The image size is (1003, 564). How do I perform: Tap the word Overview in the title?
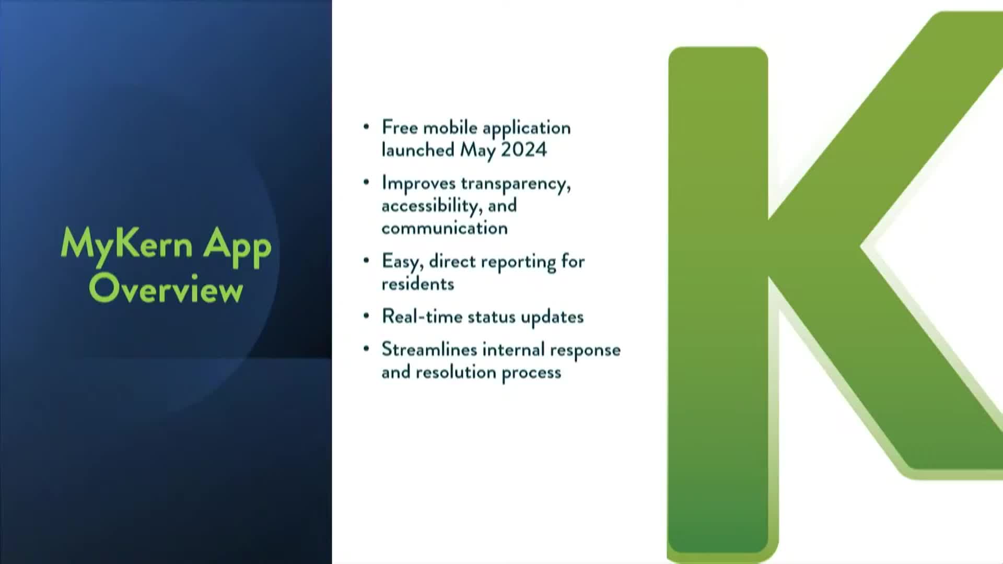(166, 288)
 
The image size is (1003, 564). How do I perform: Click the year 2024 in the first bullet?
(523, 150)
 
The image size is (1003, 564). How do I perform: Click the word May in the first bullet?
(477, 151)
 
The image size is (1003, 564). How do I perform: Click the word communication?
(445, 228)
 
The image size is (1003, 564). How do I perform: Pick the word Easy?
(402, 262)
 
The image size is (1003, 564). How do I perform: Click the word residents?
(418, 284)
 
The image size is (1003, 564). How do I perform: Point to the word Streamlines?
(429, 349)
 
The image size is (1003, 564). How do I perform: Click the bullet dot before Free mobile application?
(366, 127)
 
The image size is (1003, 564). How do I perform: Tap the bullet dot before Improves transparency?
(366, 182)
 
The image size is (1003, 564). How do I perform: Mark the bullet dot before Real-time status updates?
(366, 316)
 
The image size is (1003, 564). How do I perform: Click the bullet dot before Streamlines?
(366, 349)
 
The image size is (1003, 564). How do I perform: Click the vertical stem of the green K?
(718, 300)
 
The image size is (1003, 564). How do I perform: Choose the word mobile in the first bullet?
(450, 127)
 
